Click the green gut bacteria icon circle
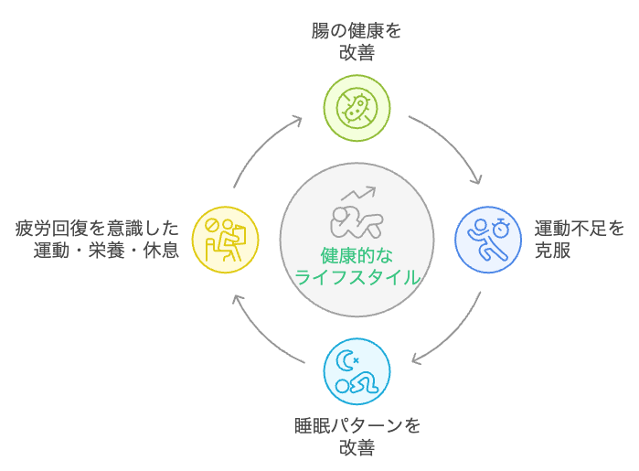357,108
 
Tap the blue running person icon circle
488,239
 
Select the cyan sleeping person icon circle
357,370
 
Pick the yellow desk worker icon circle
225,239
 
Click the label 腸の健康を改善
357,41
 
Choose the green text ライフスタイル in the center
357,277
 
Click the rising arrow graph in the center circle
358,194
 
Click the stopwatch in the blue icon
500,226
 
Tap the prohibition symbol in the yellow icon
213,224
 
